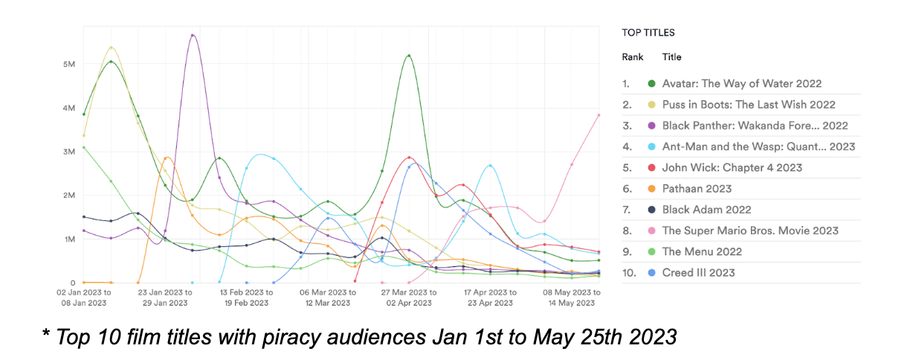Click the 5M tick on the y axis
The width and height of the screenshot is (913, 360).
pos(69,65)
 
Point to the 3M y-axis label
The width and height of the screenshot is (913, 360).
pos(69,152)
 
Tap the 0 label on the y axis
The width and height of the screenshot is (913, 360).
pos(73,283)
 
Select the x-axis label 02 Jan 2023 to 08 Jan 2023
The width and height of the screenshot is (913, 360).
pos(83,298)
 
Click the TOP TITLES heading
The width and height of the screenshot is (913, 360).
pos(648,33)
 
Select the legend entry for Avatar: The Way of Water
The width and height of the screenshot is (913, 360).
pos(741,84)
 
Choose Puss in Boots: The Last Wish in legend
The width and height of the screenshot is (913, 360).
pos(748,105)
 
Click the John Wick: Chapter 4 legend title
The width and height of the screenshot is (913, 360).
pos(732,168)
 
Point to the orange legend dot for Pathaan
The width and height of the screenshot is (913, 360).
pos(652,189)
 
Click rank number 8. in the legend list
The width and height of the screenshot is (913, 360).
pos(627,231)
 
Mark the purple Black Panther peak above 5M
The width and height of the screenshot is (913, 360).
pos(193,35)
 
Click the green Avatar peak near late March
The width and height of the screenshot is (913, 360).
pos(409,55)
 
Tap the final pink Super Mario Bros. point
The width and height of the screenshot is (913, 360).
pos(599,115)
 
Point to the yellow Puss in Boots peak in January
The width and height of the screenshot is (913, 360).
pos(111,48)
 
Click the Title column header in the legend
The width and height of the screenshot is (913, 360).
pos(671,57)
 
